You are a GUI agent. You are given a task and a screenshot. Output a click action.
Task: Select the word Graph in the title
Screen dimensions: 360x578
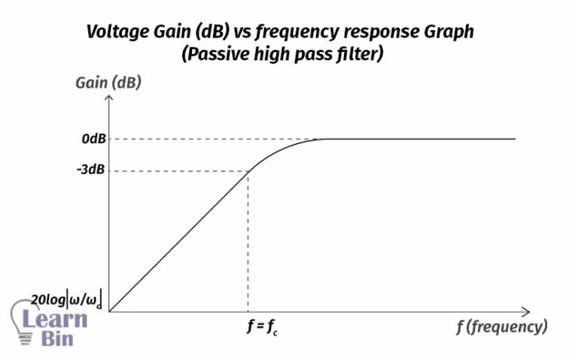coord(449,32)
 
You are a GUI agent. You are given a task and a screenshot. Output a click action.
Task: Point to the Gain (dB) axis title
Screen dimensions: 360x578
coord(108,83)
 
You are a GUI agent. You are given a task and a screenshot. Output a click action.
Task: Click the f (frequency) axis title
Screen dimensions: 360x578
coord(500,327)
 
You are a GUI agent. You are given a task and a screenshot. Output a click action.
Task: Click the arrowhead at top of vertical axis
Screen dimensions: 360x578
coord(110,99)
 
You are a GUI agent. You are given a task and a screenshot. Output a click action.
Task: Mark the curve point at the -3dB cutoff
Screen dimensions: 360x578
coord(248,171)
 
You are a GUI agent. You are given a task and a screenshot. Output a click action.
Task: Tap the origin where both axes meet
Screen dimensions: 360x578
coord(110,311)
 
